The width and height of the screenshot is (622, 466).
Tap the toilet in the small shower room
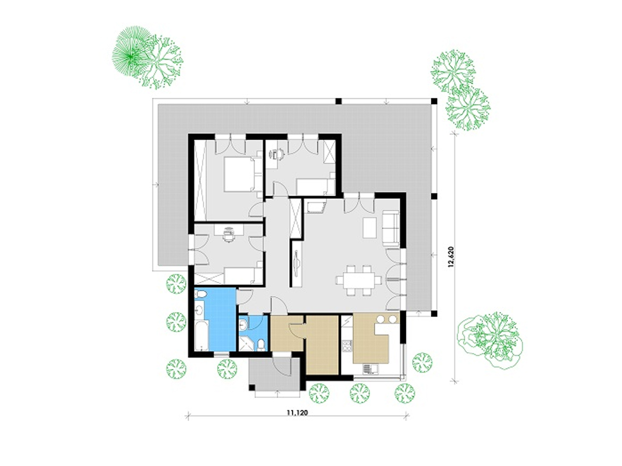pos(261,345)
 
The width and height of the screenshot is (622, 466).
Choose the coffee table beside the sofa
pos(370,228)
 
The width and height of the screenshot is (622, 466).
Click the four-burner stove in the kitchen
pos(347,344)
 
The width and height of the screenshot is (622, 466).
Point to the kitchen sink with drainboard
pos(370,369)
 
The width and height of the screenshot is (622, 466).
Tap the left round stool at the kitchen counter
pos(381,319)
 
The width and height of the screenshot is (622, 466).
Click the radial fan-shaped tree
pos(131,51)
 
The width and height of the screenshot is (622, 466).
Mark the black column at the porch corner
pos(251,387)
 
